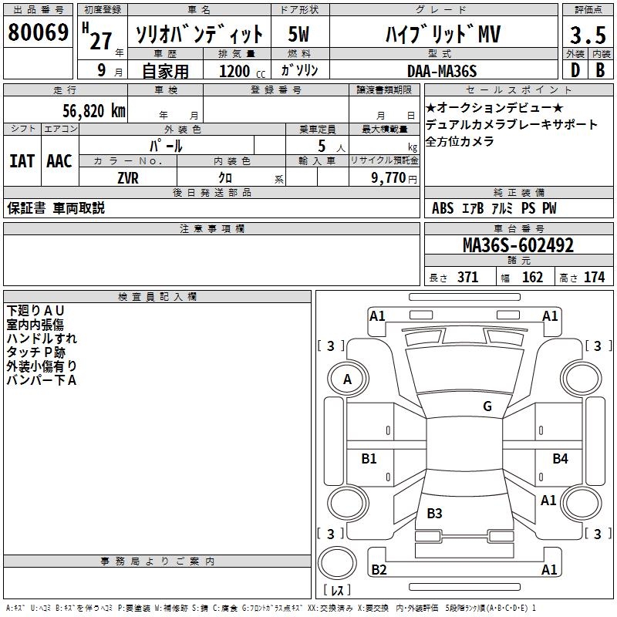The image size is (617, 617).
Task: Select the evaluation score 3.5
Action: click(x=587, y=35)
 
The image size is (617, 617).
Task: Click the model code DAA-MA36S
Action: click(x=441, y=71)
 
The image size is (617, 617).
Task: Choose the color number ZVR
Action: click(x=128, y=177)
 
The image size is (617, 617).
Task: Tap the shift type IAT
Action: click(x=22, y=161)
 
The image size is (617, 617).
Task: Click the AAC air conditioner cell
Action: click(x=59, y=161)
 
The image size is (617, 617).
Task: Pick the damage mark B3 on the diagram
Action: click(x=434, y=513)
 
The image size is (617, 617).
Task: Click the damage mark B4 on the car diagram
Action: click(x=560, y=459)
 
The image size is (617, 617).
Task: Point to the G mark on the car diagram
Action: click(x=487, y=406)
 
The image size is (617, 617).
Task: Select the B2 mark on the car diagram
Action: click(x=379, y=570)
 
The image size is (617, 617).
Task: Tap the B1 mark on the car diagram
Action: click(x=369, y=459)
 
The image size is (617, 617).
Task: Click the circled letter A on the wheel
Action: click(x=347, y=379)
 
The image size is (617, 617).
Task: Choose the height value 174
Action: click(x=594, y=277)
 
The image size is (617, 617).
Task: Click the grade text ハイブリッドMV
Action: click(x=443, y=35)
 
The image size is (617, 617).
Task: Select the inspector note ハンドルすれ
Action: click(x=42, y=338)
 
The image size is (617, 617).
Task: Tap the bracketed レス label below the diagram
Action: click(x=337, y=591)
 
